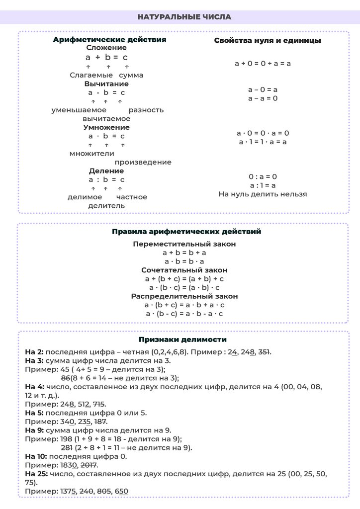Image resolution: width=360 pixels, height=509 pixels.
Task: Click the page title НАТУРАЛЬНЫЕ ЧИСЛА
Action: point(184,17)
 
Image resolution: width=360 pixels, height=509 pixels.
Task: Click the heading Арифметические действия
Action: point(109,39)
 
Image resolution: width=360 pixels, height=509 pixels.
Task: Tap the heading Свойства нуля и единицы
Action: point(267,41)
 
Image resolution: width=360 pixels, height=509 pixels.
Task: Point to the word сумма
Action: point(131,75)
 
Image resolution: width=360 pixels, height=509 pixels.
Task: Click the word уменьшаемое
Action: point(79,110)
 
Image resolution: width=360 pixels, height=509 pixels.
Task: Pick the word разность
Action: point(146,110)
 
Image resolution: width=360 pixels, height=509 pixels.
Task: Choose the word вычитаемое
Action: point(106,119)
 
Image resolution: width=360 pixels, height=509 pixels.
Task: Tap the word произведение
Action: point(143,162)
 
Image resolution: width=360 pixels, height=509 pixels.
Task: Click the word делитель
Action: point(106,205)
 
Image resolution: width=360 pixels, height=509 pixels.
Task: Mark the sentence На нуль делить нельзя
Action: point(263,194)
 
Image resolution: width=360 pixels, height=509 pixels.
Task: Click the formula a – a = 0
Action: point(263,98)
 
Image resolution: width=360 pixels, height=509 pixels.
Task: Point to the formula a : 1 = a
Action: point(263,185)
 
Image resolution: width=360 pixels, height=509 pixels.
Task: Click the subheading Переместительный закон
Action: point(184,244)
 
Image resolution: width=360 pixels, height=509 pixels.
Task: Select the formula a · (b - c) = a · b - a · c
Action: point(184,314)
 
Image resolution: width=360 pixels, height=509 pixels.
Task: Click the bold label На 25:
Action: point(36,474)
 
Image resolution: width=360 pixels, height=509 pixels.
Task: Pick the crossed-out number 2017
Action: point(88,465)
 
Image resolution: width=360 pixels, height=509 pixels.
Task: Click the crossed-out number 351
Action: point(262,352)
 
